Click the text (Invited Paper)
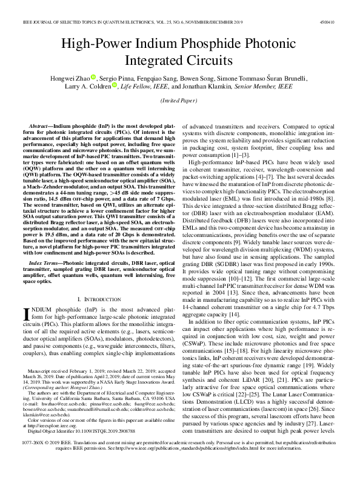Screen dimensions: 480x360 180,101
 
